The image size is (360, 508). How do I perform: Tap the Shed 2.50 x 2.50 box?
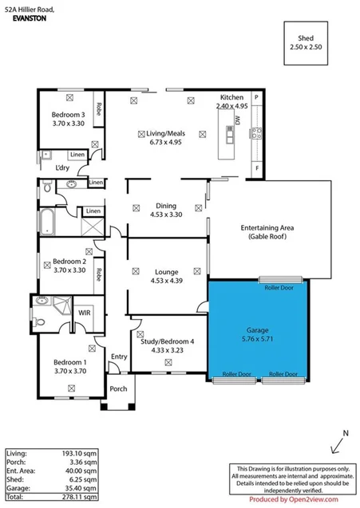(307, 44)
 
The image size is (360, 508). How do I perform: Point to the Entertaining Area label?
(267, 232)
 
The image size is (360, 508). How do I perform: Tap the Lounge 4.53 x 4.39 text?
(166, 275)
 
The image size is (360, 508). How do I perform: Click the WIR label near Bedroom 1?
(84, 313)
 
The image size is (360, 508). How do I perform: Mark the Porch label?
(118, 389)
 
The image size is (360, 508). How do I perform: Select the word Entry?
(119, 356)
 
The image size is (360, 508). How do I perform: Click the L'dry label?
(61, 168)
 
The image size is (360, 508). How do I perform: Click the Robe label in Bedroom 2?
(98, 273)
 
